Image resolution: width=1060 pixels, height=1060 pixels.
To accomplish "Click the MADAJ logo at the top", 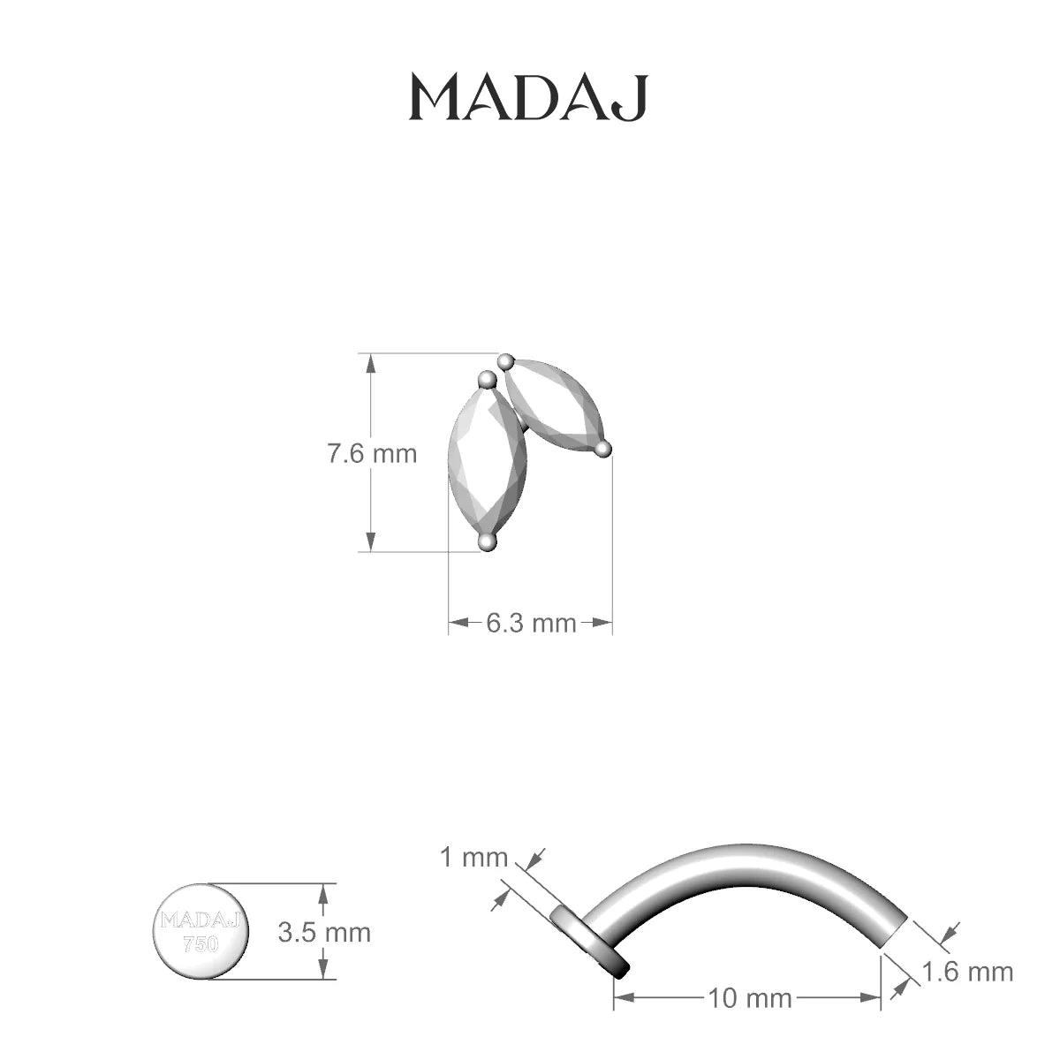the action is tap(528, 98).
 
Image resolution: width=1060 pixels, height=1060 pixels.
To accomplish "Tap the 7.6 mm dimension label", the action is tap(373, 454).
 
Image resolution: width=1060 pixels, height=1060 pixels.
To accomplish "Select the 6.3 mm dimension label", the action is tap(531, 624).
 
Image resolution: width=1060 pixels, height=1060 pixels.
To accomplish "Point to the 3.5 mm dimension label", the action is tap(324, 933).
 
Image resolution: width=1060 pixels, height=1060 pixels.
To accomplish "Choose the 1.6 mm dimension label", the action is tap(967, 972).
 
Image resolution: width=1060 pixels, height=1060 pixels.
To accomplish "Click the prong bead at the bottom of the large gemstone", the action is tap(488, 543).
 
